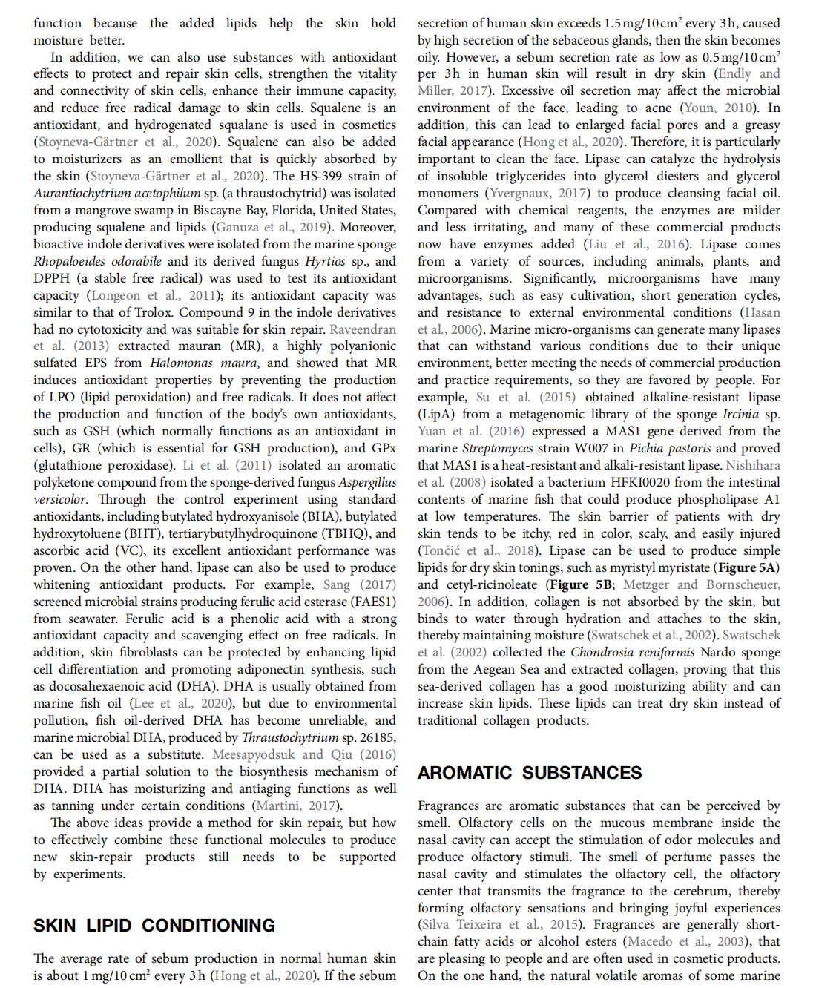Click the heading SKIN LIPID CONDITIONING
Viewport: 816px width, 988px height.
pos(154,925)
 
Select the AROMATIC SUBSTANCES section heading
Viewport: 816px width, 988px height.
pos(530,772)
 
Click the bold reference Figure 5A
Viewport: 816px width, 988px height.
pos(746,567)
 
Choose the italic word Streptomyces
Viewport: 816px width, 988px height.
pos(498,448)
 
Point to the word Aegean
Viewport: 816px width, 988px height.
pos(495,669)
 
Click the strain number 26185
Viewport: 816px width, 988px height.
pos(377,737)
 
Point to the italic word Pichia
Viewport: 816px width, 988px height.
pos(651,448)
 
